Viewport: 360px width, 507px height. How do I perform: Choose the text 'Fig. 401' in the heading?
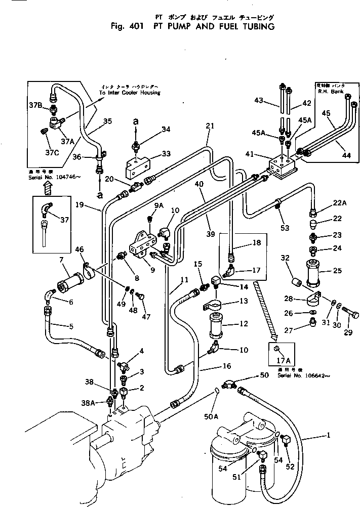pos(127,27)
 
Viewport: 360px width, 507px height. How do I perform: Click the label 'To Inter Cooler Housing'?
pos(129,93)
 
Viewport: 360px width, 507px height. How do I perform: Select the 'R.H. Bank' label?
pos(330,92)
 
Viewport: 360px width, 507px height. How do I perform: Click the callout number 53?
pos(285,228)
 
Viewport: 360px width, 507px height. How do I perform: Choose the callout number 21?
pos(210,126)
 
